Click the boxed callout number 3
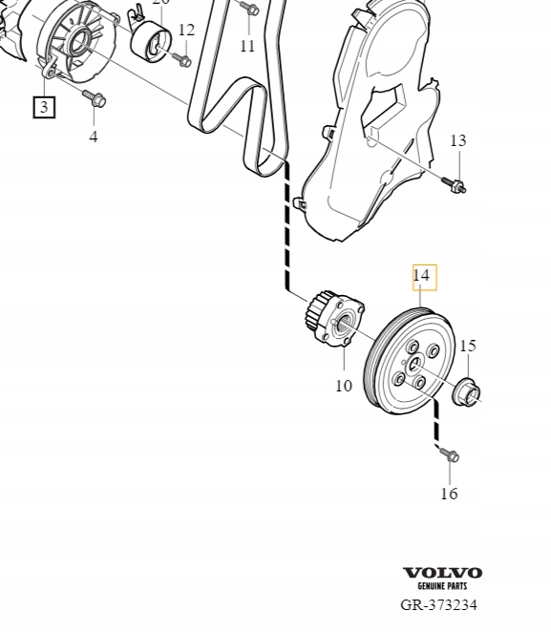(x=44, y=107)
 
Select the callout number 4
(x=94, y=137)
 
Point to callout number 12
(x=186, y=31)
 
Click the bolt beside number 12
(x=182, y=61)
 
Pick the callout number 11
(x=247, y=46)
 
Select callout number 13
(x=457, y=140)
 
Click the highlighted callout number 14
(x=422, y=277)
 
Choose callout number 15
(x=467, y=346)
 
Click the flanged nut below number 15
(x=468, y=390)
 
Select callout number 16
(x=449, y=494)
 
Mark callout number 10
(x=344, y=386)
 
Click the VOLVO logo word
(x=442, y=573)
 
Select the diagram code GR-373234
(x=438, y=604)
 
